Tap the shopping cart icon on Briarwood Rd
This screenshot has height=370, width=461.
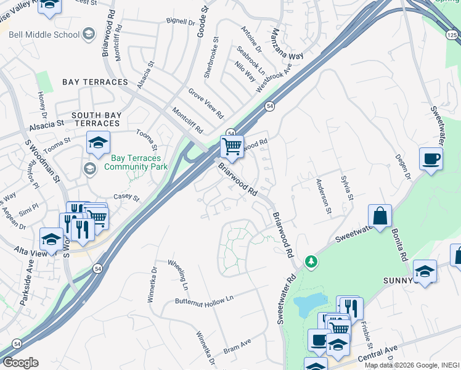coord(232,147)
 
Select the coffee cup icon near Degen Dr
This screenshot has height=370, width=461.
coord(431,159)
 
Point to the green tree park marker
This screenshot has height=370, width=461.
coord(312,262)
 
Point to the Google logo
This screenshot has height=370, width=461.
coord(20,362)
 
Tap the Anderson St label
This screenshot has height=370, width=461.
coord(323,194)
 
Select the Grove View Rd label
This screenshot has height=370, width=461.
coord(206,103)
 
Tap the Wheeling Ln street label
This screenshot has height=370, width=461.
coord(178,274)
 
